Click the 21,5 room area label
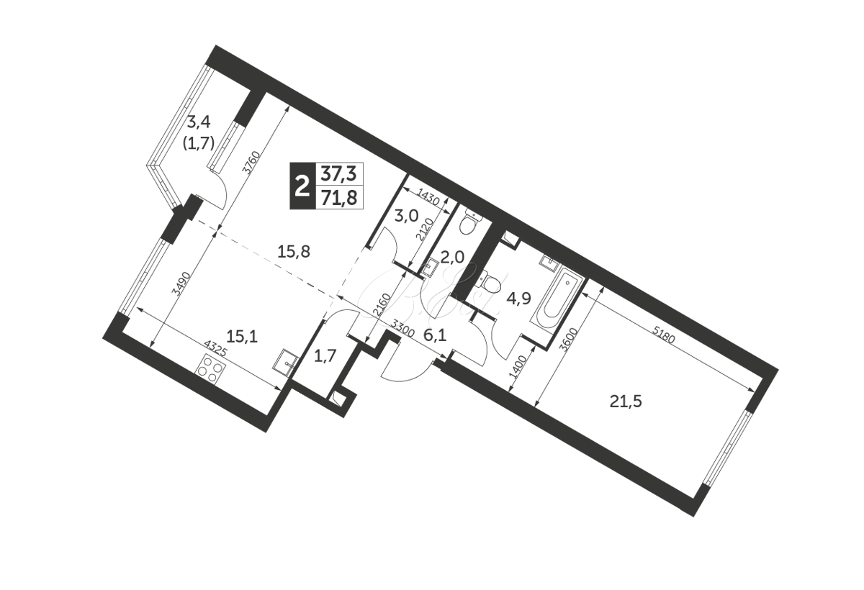[626, 402]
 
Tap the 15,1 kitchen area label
[242, 337]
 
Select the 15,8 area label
[294, 252]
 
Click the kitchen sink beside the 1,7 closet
[286, 360]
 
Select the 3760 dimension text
[253, 163]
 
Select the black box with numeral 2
[302, 186]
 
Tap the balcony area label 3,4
[199, 122]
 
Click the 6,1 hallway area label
[435, 336]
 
